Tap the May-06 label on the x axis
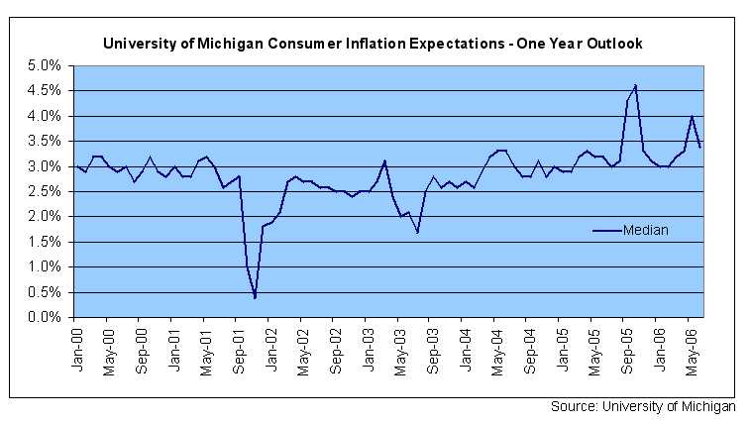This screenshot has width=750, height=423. click(691, 346)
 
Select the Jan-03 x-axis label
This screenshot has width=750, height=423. click(367, 346)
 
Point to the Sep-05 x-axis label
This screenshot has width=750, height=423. click(626, 346)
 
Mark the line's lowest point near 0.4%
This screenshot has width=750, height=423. click(255, 297)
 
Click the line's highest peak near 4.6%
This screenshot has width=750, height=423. click(635, 85)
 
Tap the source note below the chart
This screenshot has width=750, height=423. click(643, 406)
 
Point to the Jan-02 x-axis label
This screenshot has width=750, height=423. click(269, 346)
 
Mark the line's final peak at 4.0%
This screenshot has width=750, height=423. click(692, 116)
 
